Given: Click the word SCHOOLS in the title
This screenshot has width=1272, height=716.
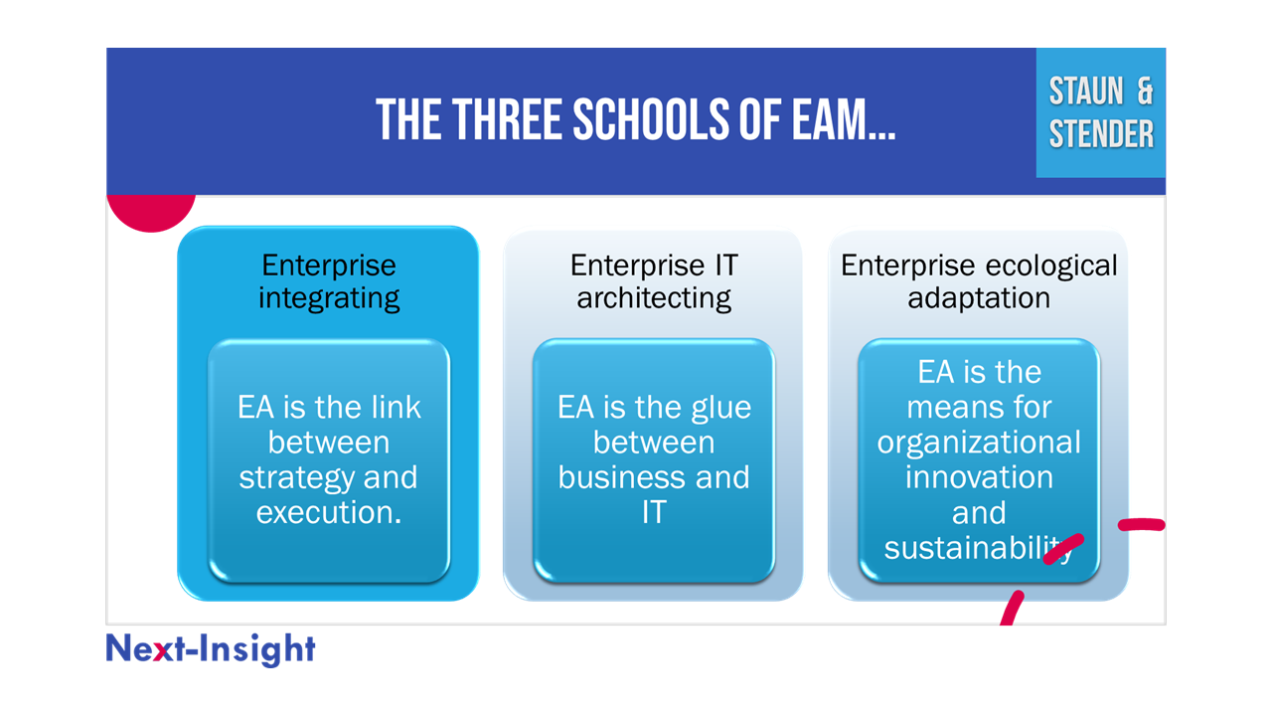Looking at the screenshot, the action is (650, 119).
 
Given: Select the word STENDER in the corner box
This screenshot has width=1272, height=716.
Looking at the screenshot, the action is (1101, 134).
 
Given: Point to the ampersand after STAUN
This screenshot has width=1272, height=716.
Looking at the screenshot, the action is (1145, 90).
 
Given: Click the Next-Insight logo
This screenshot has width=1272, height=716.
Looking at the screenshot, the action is (210, 649).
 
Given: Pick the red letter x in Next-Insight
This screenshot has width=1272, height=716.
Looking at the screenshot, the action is (162, 651).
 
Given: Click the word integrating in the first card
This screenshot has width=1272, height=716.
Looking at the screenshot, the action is (329, 298).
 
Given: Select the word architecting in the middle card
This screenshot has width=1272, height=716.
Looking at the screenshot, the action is (654, 298).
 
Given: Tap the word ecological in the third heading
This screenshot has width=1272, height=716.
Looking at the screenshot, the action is (1051, 266).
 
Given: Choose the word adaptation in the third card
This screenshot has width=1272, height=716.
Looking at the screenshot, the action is (979, 298).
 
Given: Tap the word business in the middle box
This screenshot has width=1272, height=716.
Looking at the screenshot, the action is (622, 477).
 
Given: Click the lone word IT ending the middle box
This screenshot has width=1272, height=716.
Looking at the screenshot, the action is (654, 512).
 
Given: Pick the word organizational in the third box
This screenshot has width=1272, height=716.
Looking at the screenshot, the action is (979, 444).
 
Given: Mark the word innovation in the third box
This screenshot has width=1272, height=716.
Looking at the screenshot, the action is (979, 477).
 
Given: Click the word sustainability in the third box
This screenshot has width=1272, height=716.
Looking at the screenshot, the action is (979, 548).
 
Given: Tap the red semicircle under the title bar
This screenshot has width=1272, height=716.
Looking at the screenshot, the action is (151, 212).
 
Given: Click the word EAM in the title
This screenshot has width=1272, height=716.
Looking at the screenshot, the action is (844, 119).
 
